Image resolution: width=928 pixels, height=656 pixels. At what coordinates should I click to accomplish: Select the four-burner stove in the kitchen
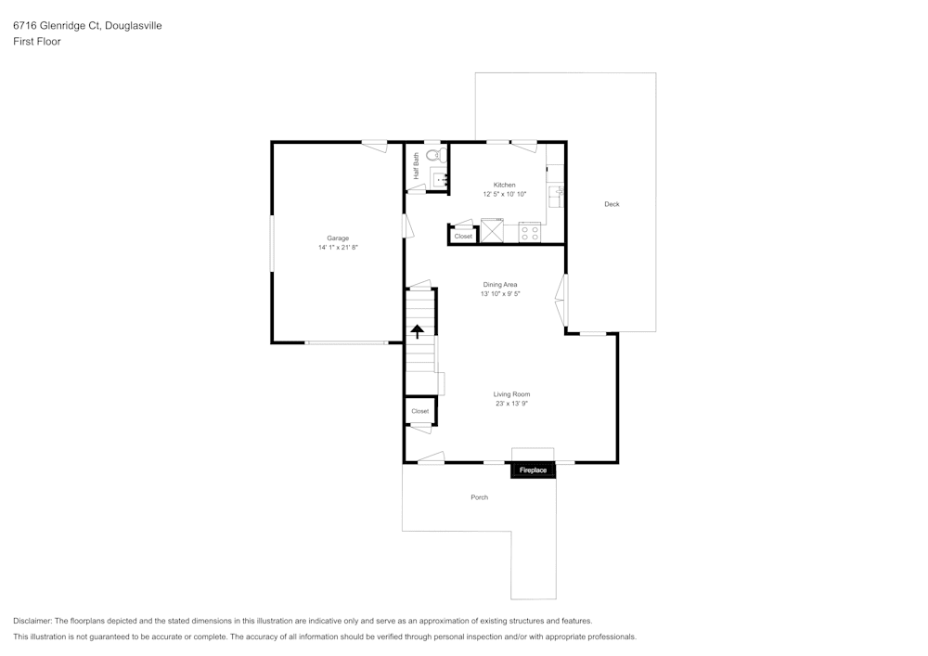point(530,232)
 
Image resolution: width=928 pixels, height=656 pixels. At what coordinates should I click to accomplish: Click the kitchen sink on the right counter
point(556,193)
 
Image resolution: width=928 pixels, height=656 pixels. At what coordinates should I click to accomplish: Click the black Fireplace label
point(533,470)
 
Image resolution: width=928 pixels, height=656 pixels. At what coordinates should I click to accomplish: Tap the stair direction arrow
point(418,329)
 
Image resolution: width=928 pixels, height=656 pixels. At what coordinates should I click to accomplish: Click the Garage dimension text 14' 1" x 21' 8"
point(338,248)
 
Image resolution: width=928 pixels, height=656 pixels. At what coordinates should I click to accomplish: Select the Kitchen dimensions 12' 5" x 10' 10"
point(504,194)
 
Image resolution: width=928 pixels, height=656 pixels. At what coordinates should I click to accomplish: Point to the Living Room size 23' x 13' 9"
point(511,404)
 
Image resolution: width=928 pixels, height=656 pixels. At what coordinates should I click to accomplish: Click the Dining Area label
point(500,284)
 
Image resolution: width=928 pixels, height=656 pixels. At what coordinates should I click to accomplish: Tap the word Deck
point(612,204)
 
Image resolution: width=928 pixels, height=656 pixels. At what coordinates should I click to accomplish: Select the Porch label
point(479,497)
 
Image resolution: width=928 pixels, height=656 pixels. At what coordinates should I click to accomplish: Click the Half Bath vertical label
point(417,165)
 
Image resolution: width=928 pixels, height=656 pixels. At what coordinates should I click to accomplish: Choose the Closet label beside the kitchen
point(463,236)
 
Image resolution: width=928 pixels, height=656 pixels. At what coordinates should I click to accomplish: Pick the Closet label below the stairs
point(419,411)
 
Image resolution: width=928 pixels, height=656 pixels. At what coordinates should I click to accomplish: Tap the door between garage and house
point(406,225)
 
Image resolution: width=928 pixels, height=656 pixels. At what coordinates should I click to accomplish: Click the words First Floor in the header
point(37,42)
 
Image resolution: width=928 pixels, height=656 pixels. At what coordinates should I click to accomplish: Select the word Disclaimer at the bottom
point(32,621)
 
